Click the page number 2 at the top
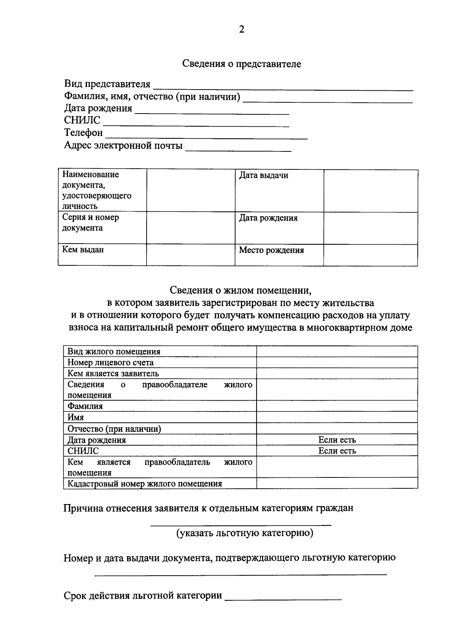[241, 30]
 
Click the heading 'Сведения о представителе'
[241, 64]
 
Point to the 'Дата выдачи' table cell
[264, 175]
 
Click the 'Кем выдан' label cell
[83, 250]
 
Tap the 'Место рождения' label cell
[271, 250]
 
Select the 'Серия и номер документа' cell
[90, 223]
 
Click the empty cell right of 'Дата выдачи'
[370, 190]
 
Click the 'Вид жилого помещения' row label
[114, 352]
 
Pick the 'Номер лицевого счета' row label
[111, 362]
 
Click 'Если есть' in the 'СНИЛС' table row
[337, 451]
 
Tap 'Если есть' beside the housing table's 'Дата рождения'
[337, 440]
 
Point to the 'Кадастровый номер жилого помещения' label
[145, 483]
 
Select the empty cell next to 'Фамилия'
[337, 406]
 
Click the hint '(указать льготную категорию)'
[245, 533]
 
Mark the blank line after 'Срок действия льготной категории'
[283, 598]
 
